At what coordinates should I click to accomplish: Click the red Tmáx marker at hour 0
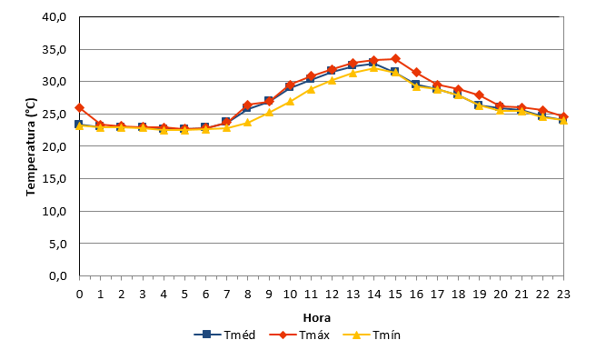pyautogui.click(x=79, y=108)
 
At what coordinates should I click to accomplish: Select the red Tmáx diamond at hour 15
pyautogui.click(x=395, y=58)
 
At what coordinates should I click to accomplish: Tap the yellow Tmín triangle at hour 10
pyautogui.click(x=290, y=102)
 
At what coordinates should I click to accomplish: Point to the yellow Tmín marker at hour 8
pyautogui.click(x=248, y=123)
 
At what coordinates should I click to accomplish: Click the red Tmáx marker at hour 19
pyautogui.click(x=480, y=95)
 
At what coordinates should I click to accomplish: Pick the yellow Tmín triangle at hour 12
pyautogui.click(x=333, y=80)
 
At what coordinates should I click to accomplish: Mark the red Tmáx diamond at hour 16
pyautogui.click(x=416, y=72)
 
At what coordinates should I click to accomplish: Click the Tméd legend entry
pyautogui.click(x=224, y=335)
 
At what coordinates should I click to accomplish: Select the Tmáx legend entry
pyautogui.click(x=300, y=335)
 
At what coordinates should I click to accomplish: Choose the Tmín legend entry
pyautogui.click(x=372, y=335)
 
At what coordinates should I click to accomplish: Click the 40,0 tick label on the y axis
pyautogui.click(x=55, y=17)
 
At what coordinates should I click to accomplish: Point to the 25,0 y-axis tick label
pyautogui.click(x=55, y=114)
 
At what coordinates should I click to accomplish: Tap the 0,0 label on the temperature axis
pyautogui.click(x=58, y=276)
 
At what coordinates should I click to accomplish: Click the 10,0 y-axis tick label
pyautogui.click(x=55, y=211)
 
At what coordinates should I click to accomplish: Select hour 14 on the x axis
pyautogui.click(x=374, y=295)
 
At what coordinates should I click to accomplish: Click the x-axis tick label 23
pyautogui.click(x=563, y=295)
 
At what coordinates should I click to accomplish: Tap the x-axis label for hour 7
pyautogui.click(x=227, y=295)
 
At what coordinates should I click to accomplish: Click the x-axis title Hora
pyautogui.click(x=316, y=317)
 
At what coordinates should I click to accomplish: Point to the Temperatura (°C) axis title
pyautogui.click(x=31, y=146)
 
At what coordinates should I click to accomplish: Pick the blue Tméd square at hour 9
pyautogui.click(x=268, y=101)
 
